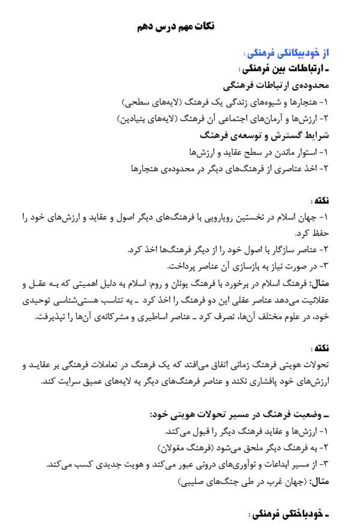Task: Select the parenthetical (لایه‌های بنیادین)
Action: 145,118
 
